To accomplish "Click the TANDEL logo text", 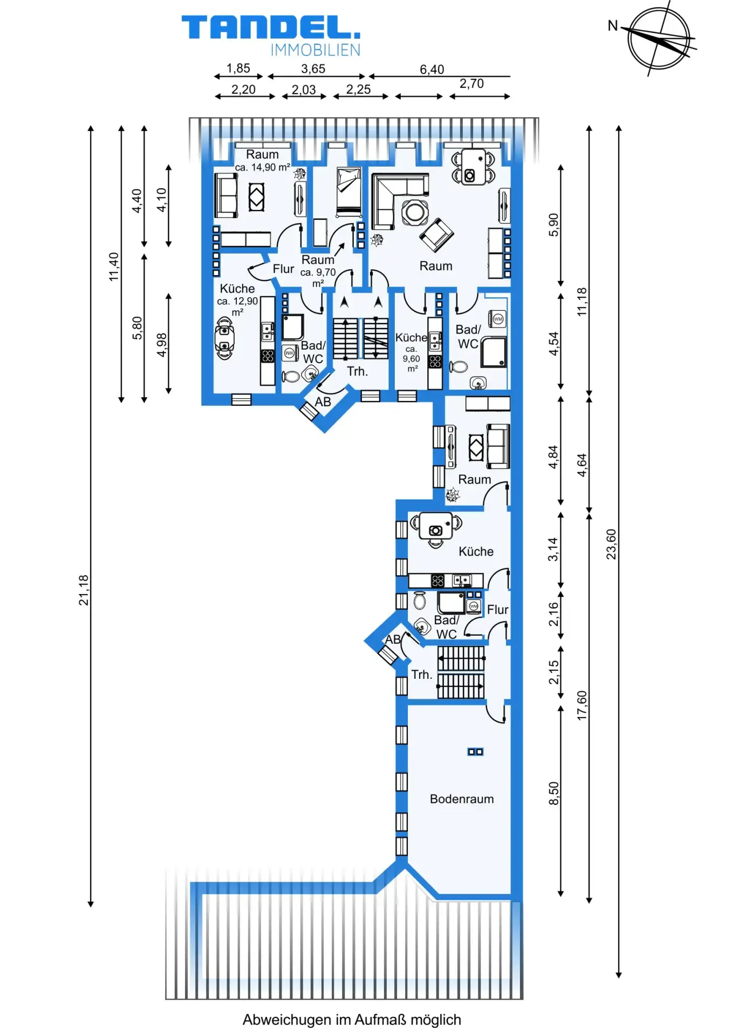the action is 271,27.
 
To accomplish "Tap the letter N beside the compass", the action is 613,26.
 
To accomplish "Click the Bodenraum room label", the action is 462,799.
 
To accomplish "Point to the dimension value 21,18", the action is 84,590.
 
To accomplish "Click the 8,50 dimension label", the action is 553,793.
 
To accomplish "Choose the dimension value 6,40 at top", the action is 432,70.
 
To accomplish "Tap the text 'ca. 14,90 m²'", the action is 263,167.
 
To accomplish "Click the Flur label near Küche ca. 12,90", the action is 283,269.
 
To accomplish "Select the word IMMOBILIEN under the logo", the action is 315,50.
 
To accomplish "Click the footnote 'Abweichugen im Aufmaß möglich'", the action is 352,1020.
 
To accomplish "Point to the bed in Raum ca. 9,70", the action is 348,192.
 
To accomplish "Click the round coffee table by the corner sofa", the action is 415,211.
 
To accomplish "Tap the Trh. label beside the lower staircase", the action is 422,674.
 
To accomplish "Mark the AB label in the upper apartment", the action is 323,402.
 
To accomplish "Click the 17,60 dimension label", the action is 582,705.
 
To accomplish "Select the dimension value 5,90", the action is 553,224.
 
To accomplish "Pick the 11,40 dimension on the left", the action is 113,267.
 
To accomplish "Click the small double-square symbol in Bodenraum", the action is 475,752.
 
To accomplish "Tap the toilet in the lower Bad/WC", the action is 420,600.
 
